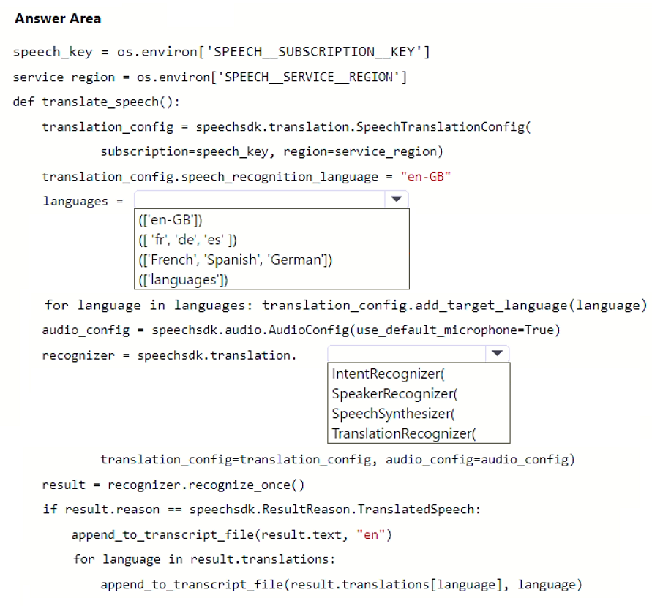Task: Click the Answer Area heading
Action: (58, 19)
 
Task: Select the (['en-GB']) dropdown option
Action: (171, 220)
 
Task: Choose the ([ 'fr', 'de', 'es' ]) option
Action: (187, 240)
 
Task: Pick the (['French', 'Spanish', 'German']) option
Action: (236, 260)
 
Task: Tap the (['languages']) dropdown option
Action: (184, 279)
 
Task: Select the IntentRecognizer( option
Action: (389, 374)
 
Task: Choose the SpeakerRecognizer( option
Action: (394, 394)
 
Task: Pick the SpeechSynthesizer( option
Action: (394, 414)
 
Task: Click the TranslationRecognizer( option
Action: (404, 433)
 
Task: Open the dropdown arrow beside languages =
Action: (397, 200)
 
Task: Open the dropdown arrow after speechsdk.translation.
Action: (498, 354)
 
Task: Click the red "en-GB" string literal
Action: (425, 177)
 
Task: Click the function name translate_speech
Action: (100, 102)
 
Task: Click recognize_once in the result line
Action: (239, 485)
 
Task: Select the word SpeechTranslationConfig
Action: (441, 126)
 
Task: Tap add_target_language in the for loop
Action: (491, 306)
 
